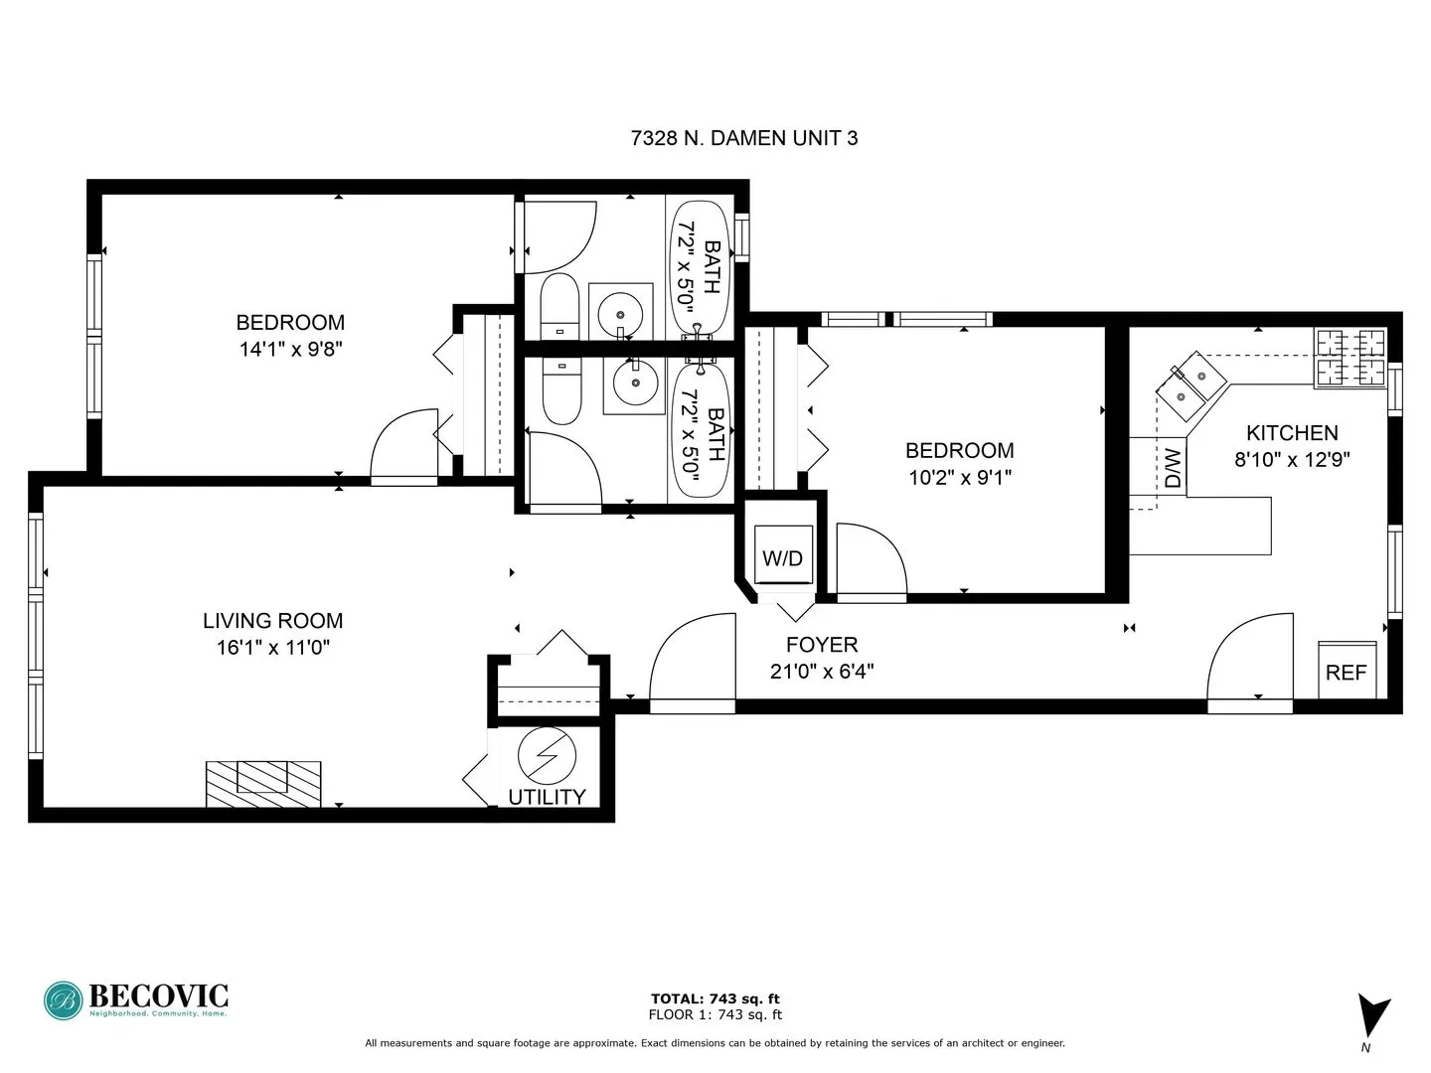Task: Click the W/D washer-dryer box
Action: [782, 557]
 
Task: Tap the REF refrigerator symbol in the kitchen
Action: [1347, 671]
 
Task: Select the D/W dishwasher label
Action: [1173, 468]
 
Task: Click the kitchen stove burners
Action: [1351, 357]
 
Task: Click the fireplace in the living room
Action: [263, 783]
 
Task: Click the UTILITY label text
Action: [547, 797]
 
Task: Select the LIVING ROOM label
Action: [272, 621]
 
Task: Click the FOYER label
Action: [821, 644]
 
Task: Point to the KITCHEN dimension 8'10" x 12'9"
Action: [1292, 459]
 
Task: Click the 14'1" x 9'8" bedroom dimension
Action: [290, 349]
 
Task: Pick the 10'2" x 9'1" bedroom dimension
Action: [959, 477]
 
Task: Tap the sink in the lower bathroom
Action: [633, 382]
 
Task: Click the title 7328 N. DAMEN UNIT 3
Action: [744, 138]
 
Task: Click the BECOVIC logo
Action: [136, 999]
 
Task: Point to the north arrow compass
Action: [1372, 1017]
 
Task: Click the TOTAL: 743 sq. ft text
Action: [715, 998]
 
